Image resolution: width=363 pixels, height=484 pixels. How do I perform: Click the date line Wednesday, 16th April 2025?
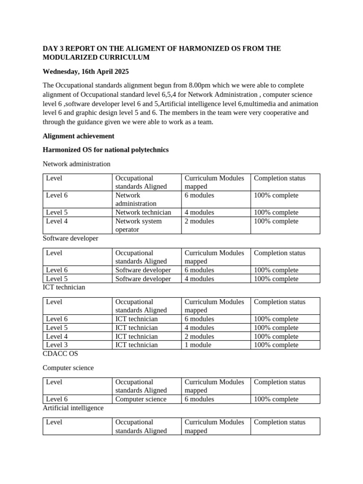pyautogui.click(x=86, y=72)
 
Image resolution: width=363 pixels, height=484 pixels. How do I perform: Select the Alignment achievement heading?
pyautogui.click(x=78, y=136)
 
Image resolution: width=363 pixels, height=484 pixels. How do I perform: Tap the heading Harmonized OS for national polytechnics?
pyautogui.click(x=105, y=150)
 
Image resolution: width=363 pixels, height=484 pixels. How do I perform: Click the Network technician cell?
pyautogui.click(x=143, y=213)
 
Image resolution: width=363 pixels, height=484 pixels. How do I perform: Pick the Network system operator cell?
pyautogui.click(x=138, y=225)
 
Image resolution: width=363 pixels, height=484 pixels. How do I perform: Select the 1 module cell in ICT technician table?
pyautogui.click(x=199, y=345)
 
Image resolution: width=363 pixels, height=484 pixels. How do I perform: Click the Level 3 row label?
pyautogui.click(x=57, y=345)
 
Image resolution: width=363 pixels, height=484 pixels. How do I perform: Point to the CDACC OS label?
pyautogui.click(x=60, y=354)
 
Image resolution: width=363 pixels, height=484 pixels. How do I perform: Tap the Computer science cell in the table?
pyautogui.click(x=141, y=399)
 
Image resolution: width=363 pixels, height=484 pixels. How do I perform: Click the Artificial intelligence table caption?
pyautogui.click(x=73, y=408)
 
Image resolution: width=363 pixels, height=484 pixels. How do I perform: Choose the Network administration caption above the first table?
pyautogui.click(x=77, y=164)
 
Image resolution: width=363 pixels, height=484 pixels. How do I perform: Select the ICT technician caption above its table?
pyautogui.click(x=64, y=287)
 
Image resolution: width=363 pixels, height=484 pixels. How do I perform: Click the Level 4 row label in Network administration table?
pyautogui.click(x=57, y=221)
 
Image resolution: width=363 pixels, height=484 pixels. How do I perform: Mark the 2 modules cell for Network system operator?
pyautogui.click(x=199, y=221)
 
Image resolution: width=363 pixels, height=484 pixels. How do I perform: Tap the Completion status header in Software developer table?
pyautogui.click(x=280, y=253)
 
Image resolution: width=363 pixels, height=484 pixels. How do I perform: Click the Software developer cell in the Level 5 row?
pyautogui.click(x=143, y=279)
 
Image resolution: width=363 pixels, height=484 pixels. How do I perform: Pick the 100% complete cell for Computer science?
pyautogui.click(x=276, y=399)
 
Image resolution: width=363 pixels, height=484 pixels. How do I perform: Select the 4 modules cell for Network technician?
pyautogui.click(x=199, y=213)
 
